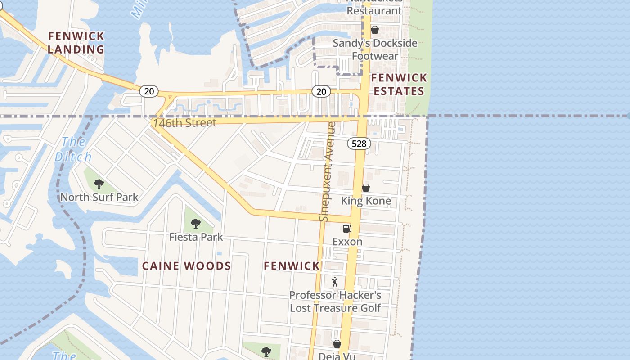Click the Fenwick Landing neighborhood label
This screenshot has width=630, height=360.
[x=76, y=42]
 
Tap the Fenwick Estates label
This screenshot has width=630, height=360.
[x=398, y=85]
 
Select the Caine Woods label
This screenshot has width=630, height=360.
[x=186, y=266]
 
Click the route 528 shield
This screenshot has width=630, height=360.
[x=359, y=144]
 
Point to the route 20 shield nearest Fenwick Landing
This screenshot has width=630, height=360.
[x=148, y=91]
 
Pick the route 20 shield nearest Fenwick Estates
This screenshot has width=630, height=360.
[x=321, y=91]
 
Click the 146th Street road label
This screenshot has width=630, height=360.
[x=184, y=123]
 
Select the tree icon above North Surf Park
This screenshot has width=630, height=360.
[x=99, y=184]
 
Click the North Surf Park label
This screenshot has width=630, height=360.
[x=99, y=197]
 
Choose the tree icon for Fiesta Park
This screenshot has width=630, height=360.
[x=195, y=223]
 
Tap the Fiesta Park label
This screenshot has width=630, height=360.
[x=196, y=237]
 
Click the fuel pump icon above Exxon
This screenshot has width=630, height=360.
[x=347, y=228]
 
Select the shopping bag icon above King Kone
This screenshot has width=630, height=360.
[x=366, y=187]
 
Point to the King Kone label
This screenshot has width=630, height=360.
[x=366, y=201]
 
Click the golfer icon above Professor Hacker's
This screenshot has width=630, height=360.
[x=335, y=282]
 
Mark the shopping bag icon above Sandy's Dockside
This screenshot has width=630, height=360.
[x=374, y=30]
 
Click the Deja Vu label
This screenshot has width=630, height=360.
[x=337, y=356]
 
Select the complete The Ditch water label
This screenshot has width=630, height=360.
[x=73, y=149]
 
